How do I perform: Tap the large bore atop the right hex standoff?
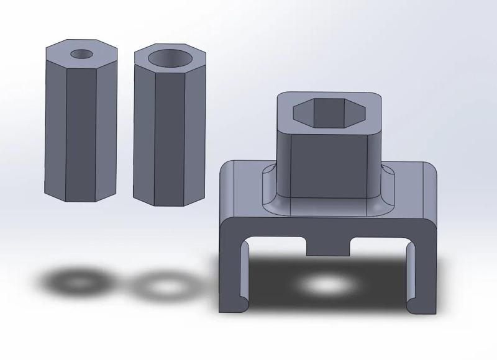(x=169, y=58)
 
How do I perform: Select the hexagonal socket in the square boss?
(x=328, y=112)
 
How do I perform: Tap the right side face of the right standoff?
(x=196, y=130)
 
